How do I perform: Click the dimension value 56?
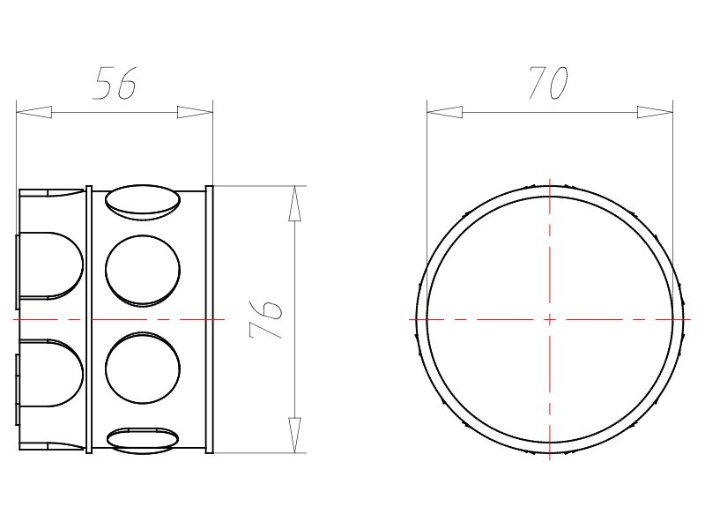pos(115,83)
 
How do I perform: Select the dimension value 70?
pos(547,83)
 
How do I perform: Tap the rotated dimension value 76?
pos(267,318)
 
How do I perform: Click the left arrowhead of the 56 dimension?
pos(33,112)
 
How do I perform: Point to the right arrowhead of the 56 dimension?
pos(195,112)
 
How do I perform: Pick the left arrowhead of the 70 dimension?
pos(444,112)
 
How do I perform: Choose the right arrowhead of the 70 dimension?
pos(655,112)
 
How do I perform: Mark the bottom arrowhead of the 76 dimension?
pos(295,435)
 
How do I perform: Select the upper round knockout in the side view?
pos(143,270)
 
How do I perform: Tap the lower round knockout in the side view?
pos(143,369)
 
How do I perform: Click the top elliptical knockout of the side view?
pos(143,200)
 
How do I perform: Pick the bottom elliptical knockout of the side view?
pos(143,439)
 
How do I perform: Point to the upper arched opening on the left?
pos(51,265)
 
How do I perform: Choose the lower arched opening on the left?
pos(51,373)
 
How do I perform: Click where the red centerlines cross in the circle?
pos(550,319)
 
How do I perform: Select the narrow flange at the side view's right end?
pos(210,319)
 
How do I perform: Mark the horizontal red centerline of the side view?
pos(176,319)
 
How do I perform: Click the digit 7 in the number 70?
pos(537,83)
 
